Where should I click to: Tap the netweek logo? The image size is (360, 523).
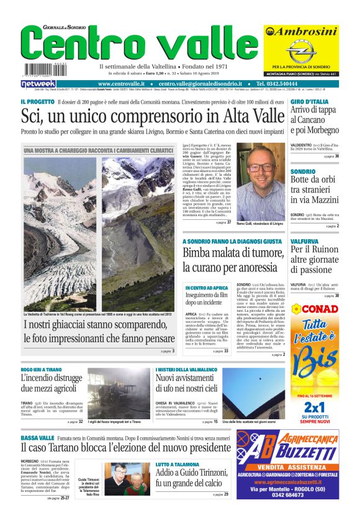tap(38, 84)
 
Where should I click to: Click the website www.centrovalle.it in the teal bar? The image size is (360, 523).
tap(121, 84)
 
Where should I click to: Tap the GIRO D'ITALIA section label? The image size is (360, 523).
tap(309, 101)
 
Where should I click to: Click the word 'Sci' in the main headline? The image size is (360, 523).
tap(33, 116)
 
